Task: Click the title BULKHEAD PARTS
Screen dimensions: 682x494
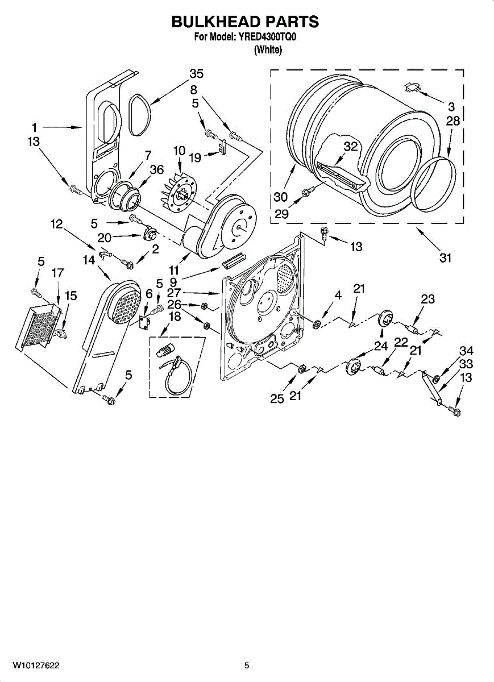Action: [x=245, y=22]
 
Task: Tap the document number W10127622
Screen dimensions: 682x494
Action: [x=36, y=665]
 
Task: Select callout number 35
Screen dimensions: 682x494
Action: [x=196, y=74]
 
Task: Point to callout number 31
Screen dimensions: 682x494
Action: [x=445, y=258]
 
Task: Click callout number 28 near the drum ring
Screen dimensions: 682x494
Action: [x=453, y=120]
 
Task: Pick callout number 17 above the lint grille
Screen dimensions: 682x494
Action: [x=57, y=273]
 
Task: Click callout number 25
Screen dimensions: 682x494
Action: [x=277, y=398]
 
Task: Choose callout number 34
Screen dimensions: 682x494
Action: [x=466, y=352]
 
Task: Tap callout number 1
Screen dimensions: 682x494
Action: [x=35, y=127]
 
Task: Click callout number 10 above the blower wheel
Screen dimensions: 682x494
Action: [x=179, y=151]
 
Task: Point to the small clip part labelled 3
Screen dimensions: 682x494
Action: [x=412, y=87]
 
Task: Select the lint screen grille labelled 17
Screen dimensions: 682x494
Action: [x=38, y=327]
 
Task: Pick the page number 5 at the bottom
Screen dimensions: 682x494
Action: [x=247, y=665]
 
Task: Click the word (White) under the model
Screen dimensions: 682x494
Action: [x=268, y=50]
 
